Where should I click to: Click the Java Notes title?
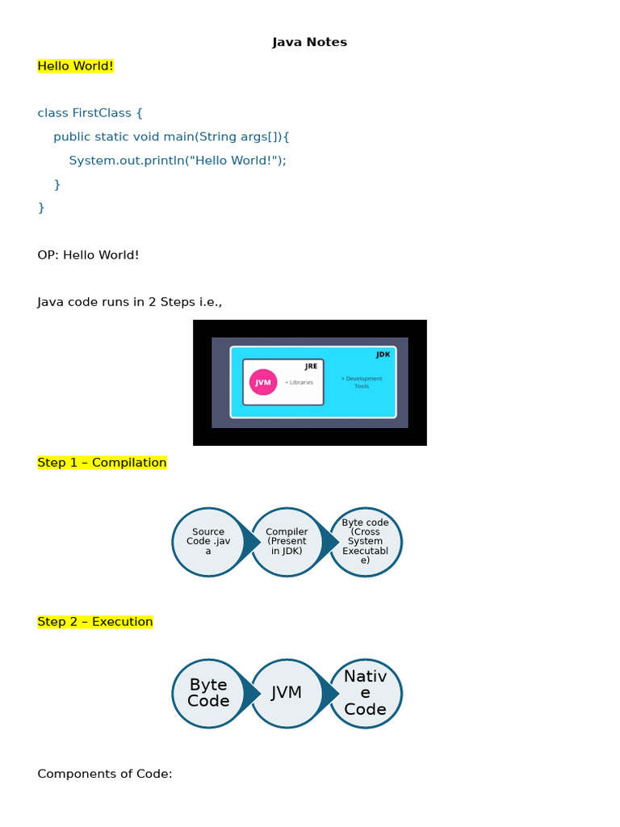tap(309, 42)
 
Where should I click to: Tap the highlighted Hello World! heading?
tap(76, 66)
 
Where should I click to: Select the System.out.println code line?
tap(178, 160)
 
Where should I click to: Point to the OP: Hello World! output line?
tap(88, 255)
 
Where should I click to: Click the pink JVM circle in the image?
tap(263, 382)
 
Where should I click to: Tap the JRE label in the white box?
tap(311, 366)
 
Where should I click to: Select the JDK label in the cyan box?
tap(383, 355)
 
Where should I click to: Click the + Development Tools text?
tap(362, 382)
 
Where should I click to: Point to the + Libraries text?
tap(299, 382)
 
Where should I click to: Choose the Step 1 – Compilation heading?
tap(102, 463)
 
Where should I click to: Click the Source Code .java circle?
tap(207, 542)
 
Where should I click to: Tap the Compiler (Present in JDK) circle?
tap(287, 542)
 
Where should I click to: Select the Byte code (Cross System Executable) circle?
tap(366, 542)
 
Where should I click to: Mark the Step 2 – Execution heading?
tap(95, 622)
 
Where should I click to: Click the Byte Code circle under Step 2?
tap(207, 693)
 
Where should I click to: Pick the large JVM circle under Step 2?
tap(287, 693)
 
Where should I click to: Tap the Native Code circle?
tap(366, 693)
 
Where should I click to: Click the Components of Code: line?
tap(105, 774)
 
